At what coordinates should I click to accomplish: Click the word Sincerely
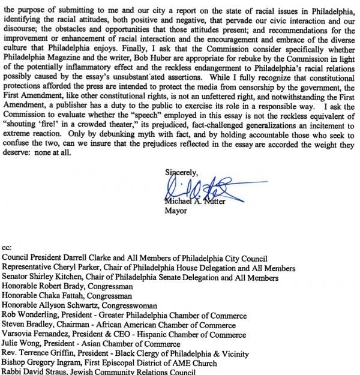click(181, 172)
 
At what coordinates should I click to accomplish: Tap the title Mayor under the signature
click(176, 211)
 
